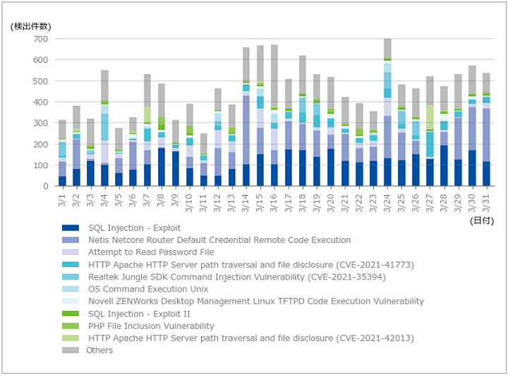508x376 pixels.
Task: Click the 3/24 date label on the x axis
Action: pyautogui.click(x=387, y=203)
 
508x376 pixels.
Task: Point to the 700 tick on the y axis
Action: pyautogui.click(x=40, y=39)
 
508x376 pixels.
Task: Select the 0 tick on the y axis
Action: pyautogui.click(x=46, y=186)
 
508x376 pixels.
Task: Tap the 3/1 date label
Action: pyautogui.click(x=62, y=201)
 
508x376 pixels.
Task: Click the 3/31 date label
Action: pyautogui.click(x=486, y=203)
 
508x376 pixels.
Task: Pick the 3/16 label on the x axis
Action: pyautogui.click(x=274, y=203)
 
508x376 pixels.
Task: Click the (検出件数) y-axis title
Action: pyautogui.click(x=31, y=26)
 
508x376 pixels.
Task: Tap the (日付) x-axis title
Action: pyautogui.click(x=482, y=221)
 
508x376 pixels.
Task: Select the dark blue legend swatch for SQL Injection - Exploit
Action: pyautogui.click(x=71, y=228)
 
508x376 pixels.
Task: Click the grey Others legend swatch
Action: pyautogui.click(x=71, y=350)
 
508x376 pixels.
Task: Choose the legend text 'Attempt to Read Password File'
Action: pyautogui.click(x=151, y=252)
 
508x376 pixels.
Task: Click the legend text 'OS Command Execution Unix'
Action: pyautogui.click(x=148, y=289)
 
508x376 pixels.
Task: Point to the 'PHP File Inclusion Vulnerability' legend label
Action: pyautogui.click(x=151, y=326)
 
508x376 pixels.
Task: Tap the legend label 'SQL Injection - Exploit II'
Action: pyautogui.click(x=139, y=314)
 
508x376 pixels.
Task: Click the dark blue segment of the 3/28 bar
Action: pyautogui.click(x=444, y=165)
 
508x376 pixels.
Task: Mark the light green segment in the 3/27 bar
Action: pyautogui.click(x=430, y=117)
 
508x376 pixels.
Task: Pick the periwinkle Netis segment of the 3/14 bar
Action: pyautogui.click(x=246, y=130)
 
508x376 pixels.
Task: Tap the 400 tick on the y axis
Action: pyautogui.click(x=40, y=102)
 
